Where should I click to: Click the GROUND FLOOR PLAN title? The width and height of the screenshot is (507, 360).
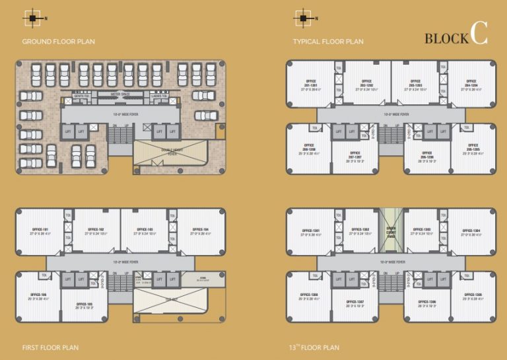pos(59,42)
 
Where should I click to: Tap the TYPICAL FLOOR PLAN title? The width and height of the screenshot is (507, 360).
pos(328,42)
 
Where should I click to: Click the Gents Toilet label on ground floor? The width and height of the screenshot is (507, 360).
pos(82,95)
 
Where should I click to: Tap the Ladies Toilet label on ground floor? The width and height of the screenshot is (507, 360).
pos(159,95)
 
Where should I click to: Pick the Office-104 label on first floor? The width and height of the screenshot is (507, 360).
pos(201,231)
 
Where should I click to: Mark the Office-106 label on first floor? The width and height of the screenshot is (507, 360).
pos(39,295)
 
